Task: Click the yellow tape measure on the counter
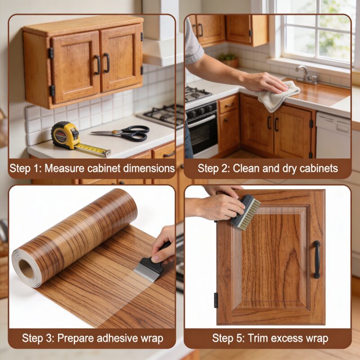pyautogui.click(x=65, y=135)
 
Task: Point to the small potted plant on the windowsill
pyautogui.click(x=229, y=60)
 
